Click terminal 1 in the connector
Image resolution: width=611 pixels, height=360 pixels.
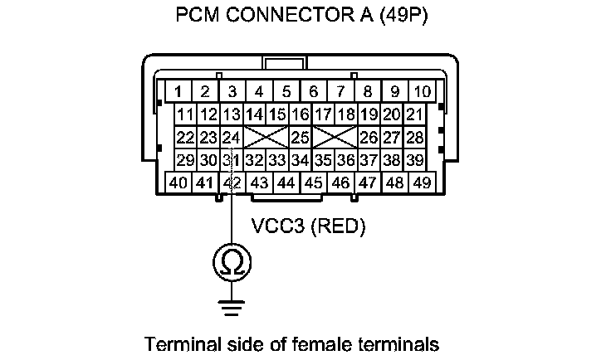(x=178, y=91)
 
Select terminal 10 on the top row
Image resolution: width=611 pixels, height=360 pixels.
(x=422, y=91)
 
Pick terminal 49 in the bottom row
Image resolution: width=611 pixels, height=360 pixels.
(x=422, y=182)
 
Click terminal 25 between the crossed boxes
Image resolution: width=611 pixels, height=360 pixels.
(x=300, y=137)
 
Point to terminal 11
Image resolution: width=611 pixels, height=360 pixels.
(x=185, y=114)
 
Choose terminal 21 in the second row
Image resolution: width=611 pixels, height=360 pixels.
(x=414, y=114)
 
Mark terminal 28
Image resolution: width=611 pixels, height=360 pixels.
(x=414, y=137)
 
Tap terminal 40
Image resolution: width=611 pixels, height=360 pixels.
(x=178, y=182)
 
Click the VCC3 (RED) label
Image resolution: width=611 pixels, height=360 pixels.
(x=308, y=225)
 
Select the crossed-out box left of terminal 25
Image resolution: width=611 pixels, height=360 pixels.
(x=266, y=137)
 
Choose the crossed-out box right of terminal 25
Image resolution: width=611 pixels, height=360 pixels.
(x=334, y=137)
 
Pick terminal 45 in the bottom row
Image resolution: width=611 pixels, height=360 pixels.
(x=313, y=182)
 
